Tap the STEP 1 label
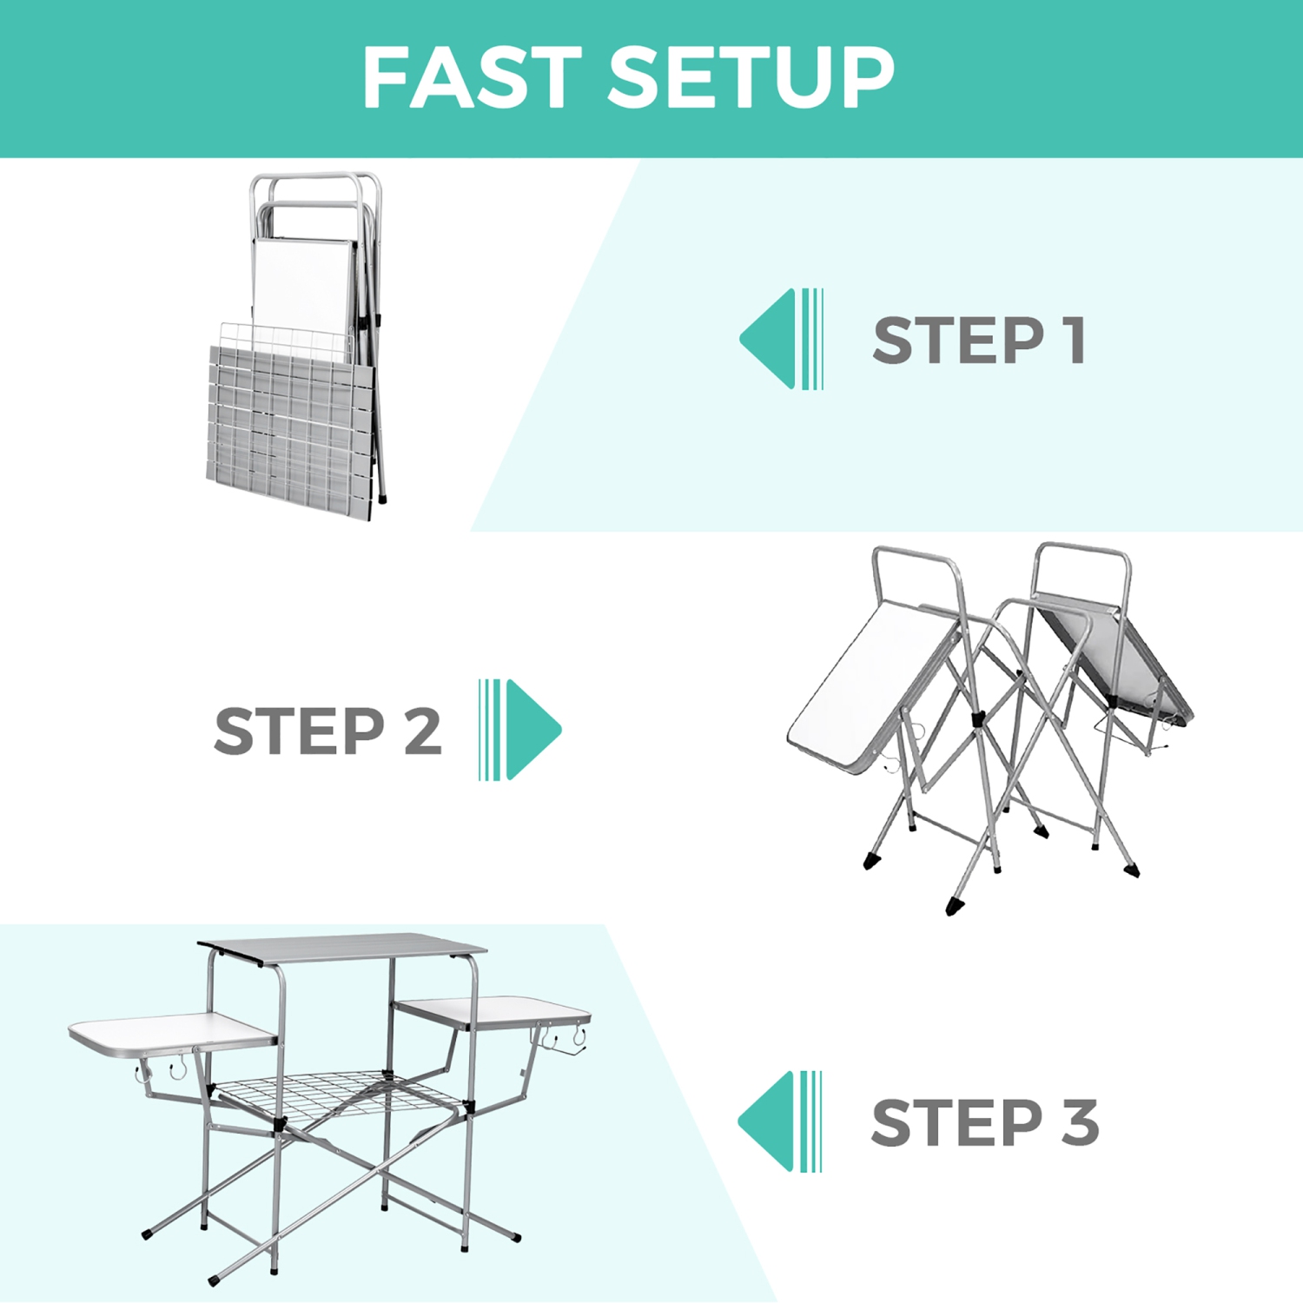click(979, 340)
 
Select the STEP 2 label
click(327, 731)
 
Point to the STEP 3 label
click(984, 1122)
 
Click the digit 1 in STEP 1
click(1075, 340)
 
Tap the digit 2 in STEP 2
click(423, 731)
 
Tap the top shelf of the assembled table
click(343, 949)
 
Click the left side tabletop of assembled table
click(169, 1031)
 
